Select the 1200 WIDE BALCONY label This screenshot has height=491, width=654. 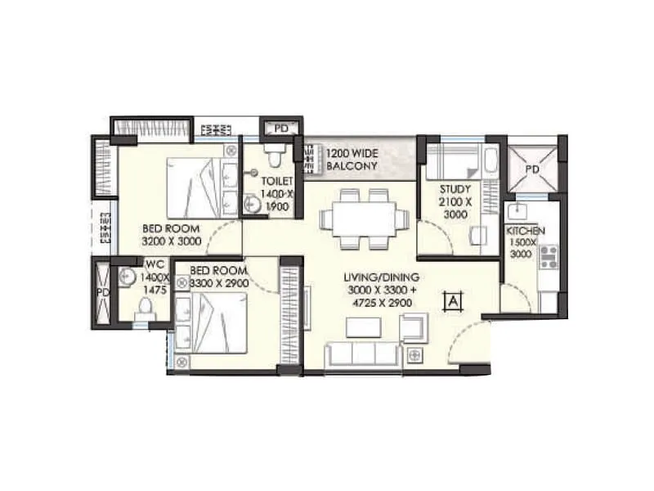coord(352,159)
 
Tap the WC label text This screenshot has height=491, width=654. coord(155,264)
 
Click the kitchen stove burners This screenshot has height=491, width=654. coord(548,257)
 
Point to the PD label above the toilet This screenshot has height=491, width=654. coord(281,128)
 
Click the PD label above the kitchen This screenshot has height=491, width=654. coord(532,169)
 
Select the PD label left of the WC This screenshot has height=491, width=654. coord(103,292)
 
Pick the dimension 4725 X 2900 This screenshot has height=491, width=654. coord(377,303)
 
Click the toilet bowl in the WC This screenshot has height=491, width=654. coord(146,308)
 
